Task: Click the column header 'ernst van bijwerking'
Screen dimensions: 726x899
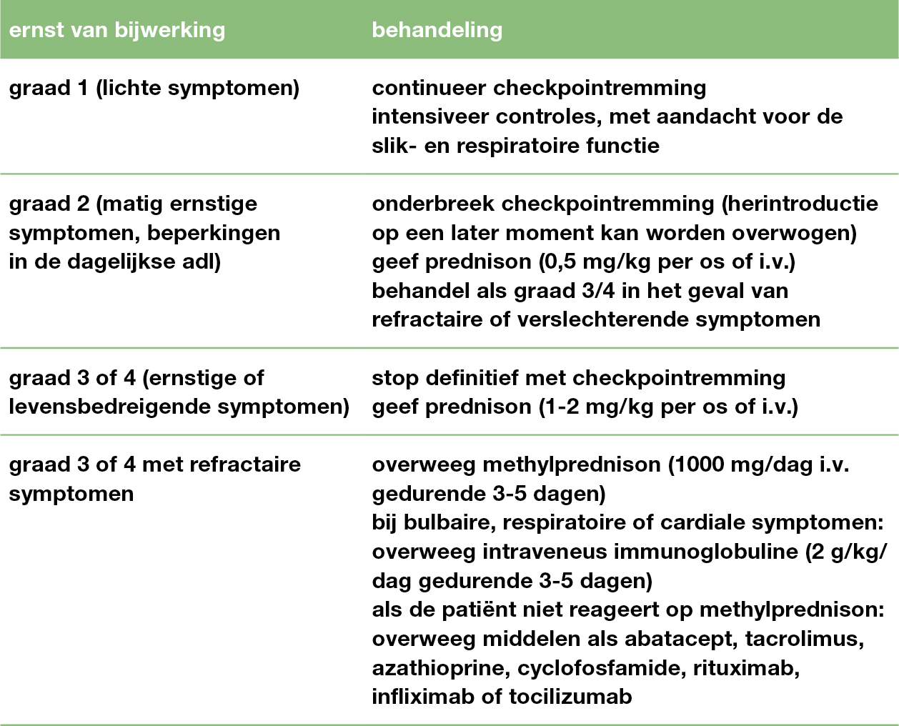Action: pos(116,30)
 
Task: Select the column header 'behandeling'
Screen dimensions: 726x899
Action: pos(437,30)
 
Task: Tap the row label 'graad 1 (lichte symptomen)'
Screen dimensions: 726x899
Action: pos(154,89)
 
